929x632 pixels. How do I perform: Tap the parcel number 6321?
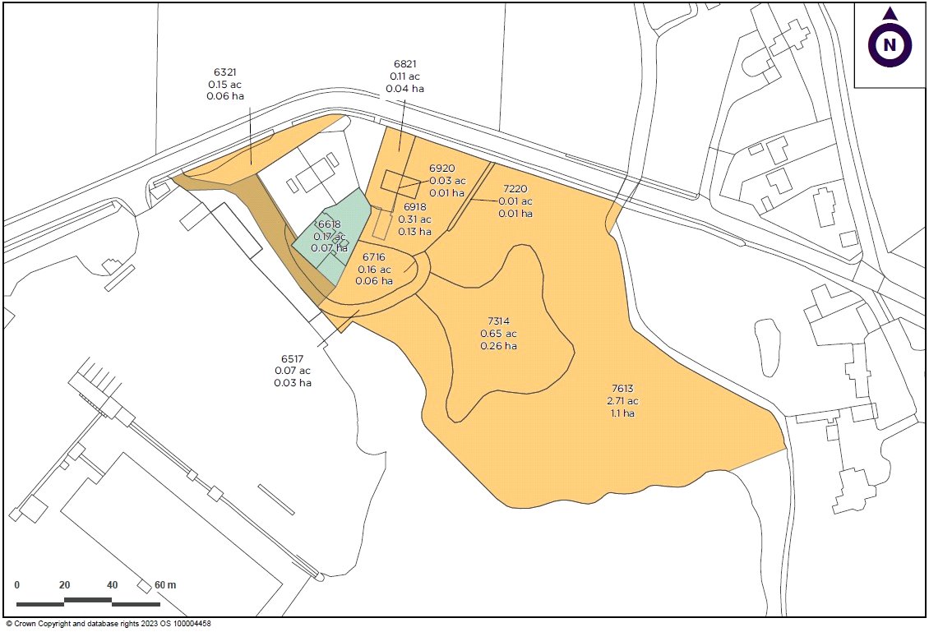(225, 72)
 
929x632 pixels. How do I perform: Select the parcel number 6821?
(405, 63)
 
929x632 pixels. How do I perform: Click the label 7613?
(622, 389)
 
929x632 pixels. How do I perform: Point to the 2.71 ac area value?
(622, 401)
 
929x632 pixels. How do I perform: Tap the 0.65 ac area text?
(499, 334)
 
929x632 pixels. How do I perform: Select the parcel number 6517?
(293, 358)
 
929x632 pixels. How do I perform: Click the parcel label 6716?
(373, 257)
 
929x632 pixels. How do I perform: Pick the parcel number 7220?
(515, 189)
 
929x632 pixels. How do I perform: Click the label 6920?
(442, 168)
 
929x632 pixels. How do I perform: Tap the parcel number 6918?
(414, 208)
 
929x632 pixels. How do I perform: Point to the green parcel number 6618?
(329, 224)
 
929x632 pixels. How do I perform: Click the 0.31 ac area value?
(414, 219)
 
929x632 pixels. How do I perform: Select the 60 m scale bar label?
(164, 585)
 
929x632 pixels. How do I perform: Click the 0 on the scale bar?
(17, 585)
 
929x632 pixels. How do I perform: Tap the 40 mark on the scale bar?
(112, 585)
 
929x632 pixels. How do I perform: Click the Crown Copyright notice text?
(109, 625)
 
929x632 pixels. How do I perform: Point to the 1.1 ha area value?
(622, 413)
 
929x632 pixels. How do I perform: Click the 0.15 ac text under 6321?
(225, 84)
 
